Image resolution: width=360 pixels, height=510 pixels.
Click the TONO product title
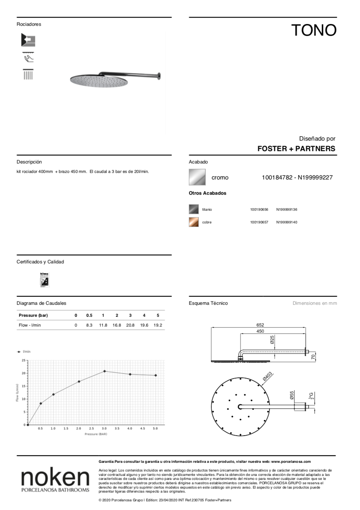314,31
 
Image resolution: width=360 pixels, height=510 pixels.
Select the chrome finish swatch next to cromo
197,177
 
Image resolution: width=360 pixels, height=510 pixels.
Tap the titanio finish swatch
194,209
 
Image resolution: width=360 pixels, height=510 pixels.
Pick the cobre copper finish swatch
194,222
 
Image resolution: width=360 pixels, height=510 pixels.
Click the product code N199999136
287,210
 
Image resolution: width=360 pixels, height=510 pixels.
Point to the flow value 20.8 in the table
130,325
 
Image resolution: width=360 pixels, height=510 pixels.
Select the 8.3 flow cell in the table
89,325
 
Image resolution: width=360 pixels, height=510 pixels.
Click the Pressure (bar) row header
33,315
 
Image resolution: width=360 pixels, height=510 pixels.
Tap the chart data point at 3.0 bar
105,371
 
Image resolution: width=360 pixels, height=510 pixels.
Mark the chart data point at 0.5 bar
41,403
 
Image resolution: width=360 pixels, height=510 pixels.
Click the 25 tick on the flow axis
24,360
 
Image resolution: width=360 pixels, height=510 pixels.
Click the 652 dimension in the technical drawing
260,325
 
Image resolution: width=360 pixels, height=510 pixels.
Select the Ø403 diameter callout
267,376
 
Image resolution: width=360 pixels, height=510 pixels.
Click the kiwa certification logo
44,280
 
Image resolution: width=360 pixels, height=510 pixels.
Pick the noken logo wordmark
55,477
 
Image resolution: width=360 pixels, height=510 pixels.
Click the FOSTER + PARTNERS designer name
296,149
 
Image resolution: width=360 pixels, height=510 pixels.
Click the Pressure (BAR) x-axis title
96,434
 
